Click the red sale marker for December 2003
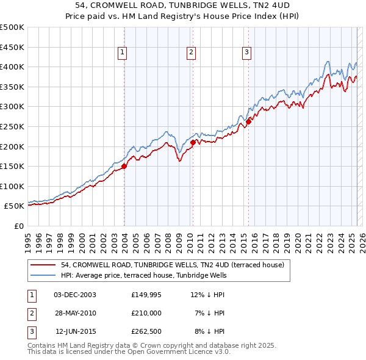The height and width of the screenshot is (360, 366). click(124, 165)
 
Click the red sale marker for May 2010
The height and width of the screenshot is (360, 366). click(193, 142)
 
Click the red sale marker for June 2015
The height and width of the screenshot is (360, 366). click(249, 121)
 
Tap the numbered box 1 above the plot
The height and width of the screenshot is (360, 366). click(123, 53)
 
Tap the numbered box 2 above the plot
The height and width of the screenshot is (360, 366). click(191, 53)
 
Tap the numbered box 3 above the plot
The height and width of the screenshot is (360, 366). click(247, 53)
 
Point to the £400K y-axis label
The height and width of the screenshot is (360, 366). click(12, 67)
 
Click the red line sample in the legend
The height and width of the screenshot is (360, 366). click(43, 265)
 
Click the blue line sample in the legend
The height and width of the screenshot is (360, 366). click(43, 275)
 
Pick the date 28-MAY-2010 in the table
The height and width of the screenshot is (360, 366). click(74, 312)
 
